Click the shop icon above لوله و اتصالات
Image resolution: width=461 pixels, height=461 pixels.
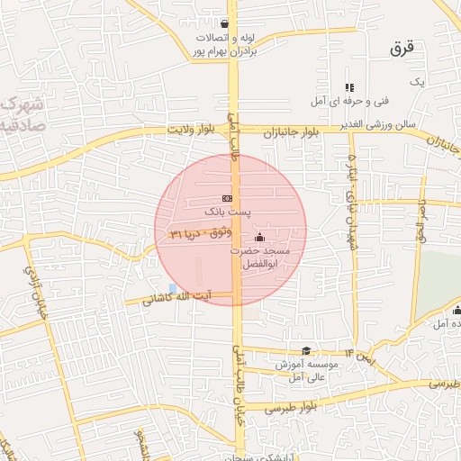click(224, 24)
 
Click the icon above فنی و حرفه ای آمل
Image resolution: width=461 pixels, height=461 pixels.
click(349, 87)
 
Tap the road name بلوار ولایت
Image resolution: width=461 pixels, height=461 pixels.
click(191, 131)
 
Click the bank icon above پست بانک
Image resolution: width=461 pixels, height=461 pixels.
click(227, 198)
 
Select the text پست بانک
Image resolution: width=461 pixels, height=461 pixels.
click(227, 212)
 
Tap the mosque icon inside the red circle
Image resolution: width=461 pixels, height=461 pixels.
click(260, 237)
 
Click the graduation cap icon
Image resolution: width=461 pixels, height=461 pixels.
click(306, 351)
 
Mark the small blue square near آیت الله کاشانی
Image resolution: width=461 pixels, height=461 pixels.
click(173, 287)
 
